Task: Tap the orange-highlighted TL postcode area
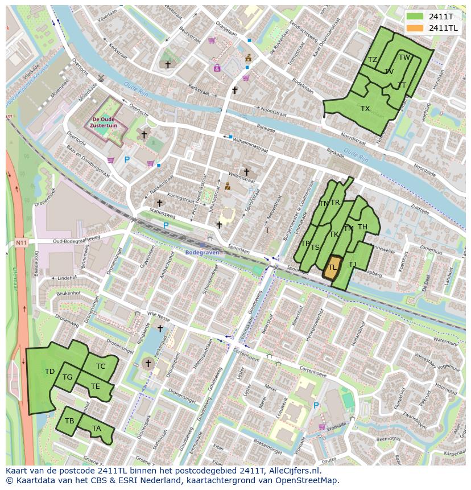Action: point(332,267)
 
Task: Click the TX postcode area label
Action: point(365,108)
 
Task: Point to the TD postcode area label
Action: point(49,372)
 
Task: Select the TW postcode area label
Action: point(404,57)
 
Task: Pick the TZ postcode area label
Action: point(373,60)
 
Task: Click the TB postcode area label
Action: point(69,421)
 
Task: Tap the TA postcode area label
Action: point(97,429)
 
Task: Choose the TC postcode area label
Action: point(101,366)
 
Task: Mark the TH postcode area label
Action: point(362,227)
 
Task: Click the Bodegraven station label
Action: point(202,252)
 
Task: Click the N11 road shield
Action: point(21,243)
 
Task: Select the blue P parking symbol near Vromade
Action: point(316,405)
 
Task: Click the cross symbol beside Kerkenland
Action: point(149,363)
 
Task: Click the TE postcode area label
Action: point(96,386)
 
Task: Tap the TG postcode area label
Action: point(67,377)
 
